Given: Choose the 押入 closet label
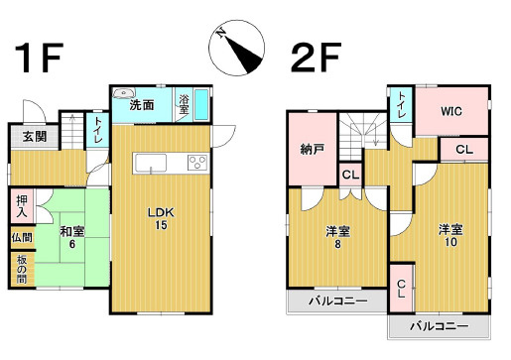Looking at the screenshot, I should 22,208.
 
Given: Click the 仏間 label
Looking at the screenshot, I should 22,238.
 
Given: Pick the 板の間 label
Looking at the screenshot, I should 22,269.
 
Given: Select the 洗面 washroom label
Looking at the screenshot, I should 142,105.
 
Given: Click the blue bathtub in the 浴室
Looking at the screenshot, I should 201,103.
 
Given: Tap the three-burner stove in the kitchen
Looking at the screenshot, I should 195,164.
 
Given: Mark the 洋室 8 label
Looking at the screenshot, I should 339,238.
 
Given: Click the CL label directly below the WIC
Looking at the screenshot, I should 464,150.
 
